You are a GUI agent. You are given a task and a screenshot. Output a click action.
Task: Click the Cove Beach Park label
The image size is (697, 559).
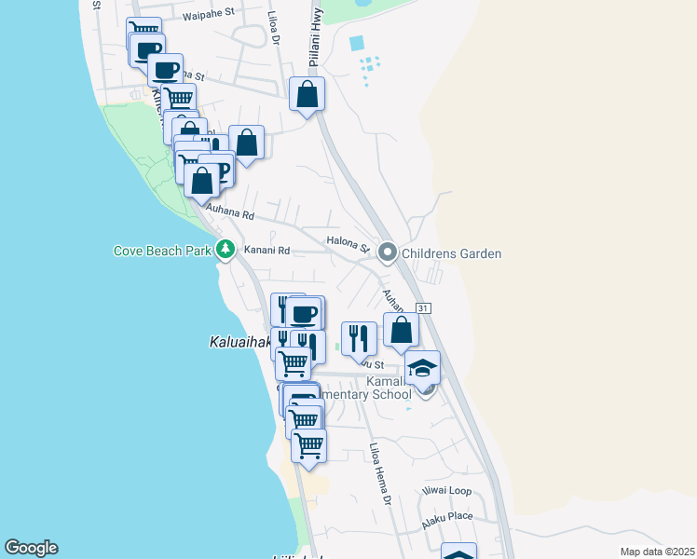pos(162,251)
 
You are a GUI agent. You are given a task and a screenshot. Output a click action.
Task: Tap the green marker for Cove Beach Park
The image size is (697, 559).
pos(225,250)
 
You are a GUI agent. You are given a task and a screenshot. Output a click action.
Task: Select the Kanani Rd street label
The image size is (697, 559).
pos(267,251)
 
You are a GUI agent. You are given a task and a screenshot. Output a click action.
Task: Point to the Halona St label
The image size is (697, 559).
pos(348,243)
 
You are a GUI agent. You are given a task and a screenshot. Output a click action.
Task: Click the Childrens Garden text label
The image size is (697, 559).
pos(452,253)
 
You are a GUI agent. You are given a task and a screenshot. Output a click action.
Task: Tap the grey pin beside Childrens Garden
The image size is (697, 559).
pos(388,252)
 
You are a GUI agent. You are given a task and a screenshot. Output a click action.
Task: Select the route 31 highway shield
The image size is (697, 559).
pos(423,308)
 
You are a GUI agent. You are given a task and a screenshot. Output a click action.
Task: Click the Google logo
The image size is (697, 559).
pos(31,548)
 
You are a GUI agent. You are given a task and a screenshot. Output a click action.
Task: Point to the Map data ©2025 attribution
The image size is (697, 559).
pos(657,552)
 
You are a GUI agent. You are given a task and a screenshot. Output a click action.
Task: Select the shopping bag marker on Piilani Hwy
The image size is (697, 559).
pos(307,94)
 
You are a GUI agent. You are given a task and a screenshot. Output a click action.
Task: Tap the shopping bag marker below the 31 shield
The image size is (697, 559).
pos(401,329)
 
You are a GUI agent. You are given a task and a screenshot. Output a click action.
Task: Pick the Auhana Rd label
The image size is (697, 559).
pos(230,213)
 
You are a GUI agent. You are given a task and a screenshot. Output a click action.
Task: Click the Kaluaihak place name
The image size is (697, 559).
pos(239,343)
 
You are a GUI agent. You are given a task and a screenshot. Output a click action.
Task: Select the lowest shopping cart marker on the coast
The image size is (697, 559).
pos(308,444)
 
